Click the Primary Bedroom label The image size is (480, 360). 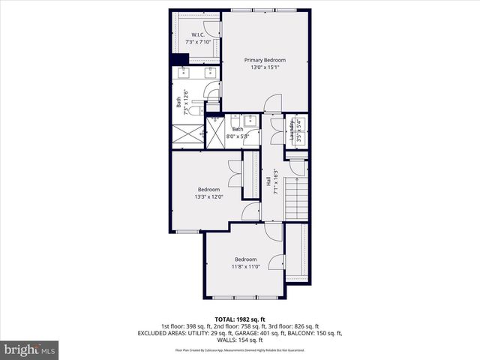(264, 60)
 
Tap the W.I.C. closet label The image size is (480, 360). (198, 34)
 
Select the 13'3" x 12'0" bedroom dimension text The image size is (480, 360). (209, 196)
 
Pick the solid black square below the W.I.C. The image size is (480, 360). (178, 59)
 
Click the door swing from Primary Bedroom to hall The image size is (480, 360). (274, 103)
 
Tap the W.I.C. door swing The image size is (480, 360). (214, 28)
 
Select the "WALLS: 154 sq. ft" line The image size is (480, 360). (240, 340)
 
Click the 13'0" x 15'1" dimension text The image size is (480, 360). (264, 68)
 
